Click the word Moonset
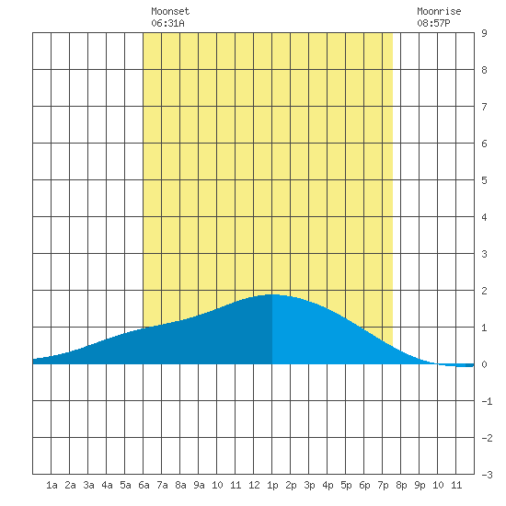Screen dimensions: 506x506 [x=170, y=11]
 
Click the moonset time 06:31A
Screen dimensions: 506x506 [x=167, y=23]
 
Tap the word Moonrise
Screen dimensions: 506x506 [x=439, y=11]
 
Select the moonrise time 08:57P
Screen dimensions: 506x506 [x=433, y=23]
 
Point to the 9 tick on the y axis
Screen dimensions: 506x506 [x=484, y=33]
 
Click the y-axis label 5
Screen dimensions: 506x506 [x=484, y=180]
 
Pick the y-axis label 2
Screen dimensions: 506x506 [x=484, y=291]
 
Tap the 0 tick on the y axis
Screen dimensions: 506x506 [x=484, y=364]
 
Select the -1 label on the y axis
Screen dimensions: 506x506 [x=487, y=401]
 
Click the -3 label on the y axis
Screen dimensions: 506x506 [x=487, y=475]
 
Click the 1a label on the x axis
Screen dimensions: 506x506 [x=52, y=485]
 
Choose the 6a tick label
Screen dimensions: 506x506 [x=144, y=485]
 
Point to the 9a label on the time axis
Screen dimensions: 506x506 [x=199, y=485]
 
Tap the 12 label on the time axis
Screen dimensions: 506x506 [x=254, y=485]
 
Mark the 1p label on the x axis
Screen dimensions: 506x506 [x=272, y=485]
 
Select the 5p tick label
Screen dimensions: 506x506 [x=346, y=485]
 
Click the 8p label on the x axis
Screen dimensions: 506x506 [x=401, y=485]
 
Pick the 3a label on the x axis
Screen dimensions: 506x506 [x=88, y=485]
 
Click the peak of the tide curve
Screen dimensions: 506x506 [x=273, y=294]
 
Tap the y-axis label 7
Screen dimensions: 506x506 [x=484, y=107]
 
